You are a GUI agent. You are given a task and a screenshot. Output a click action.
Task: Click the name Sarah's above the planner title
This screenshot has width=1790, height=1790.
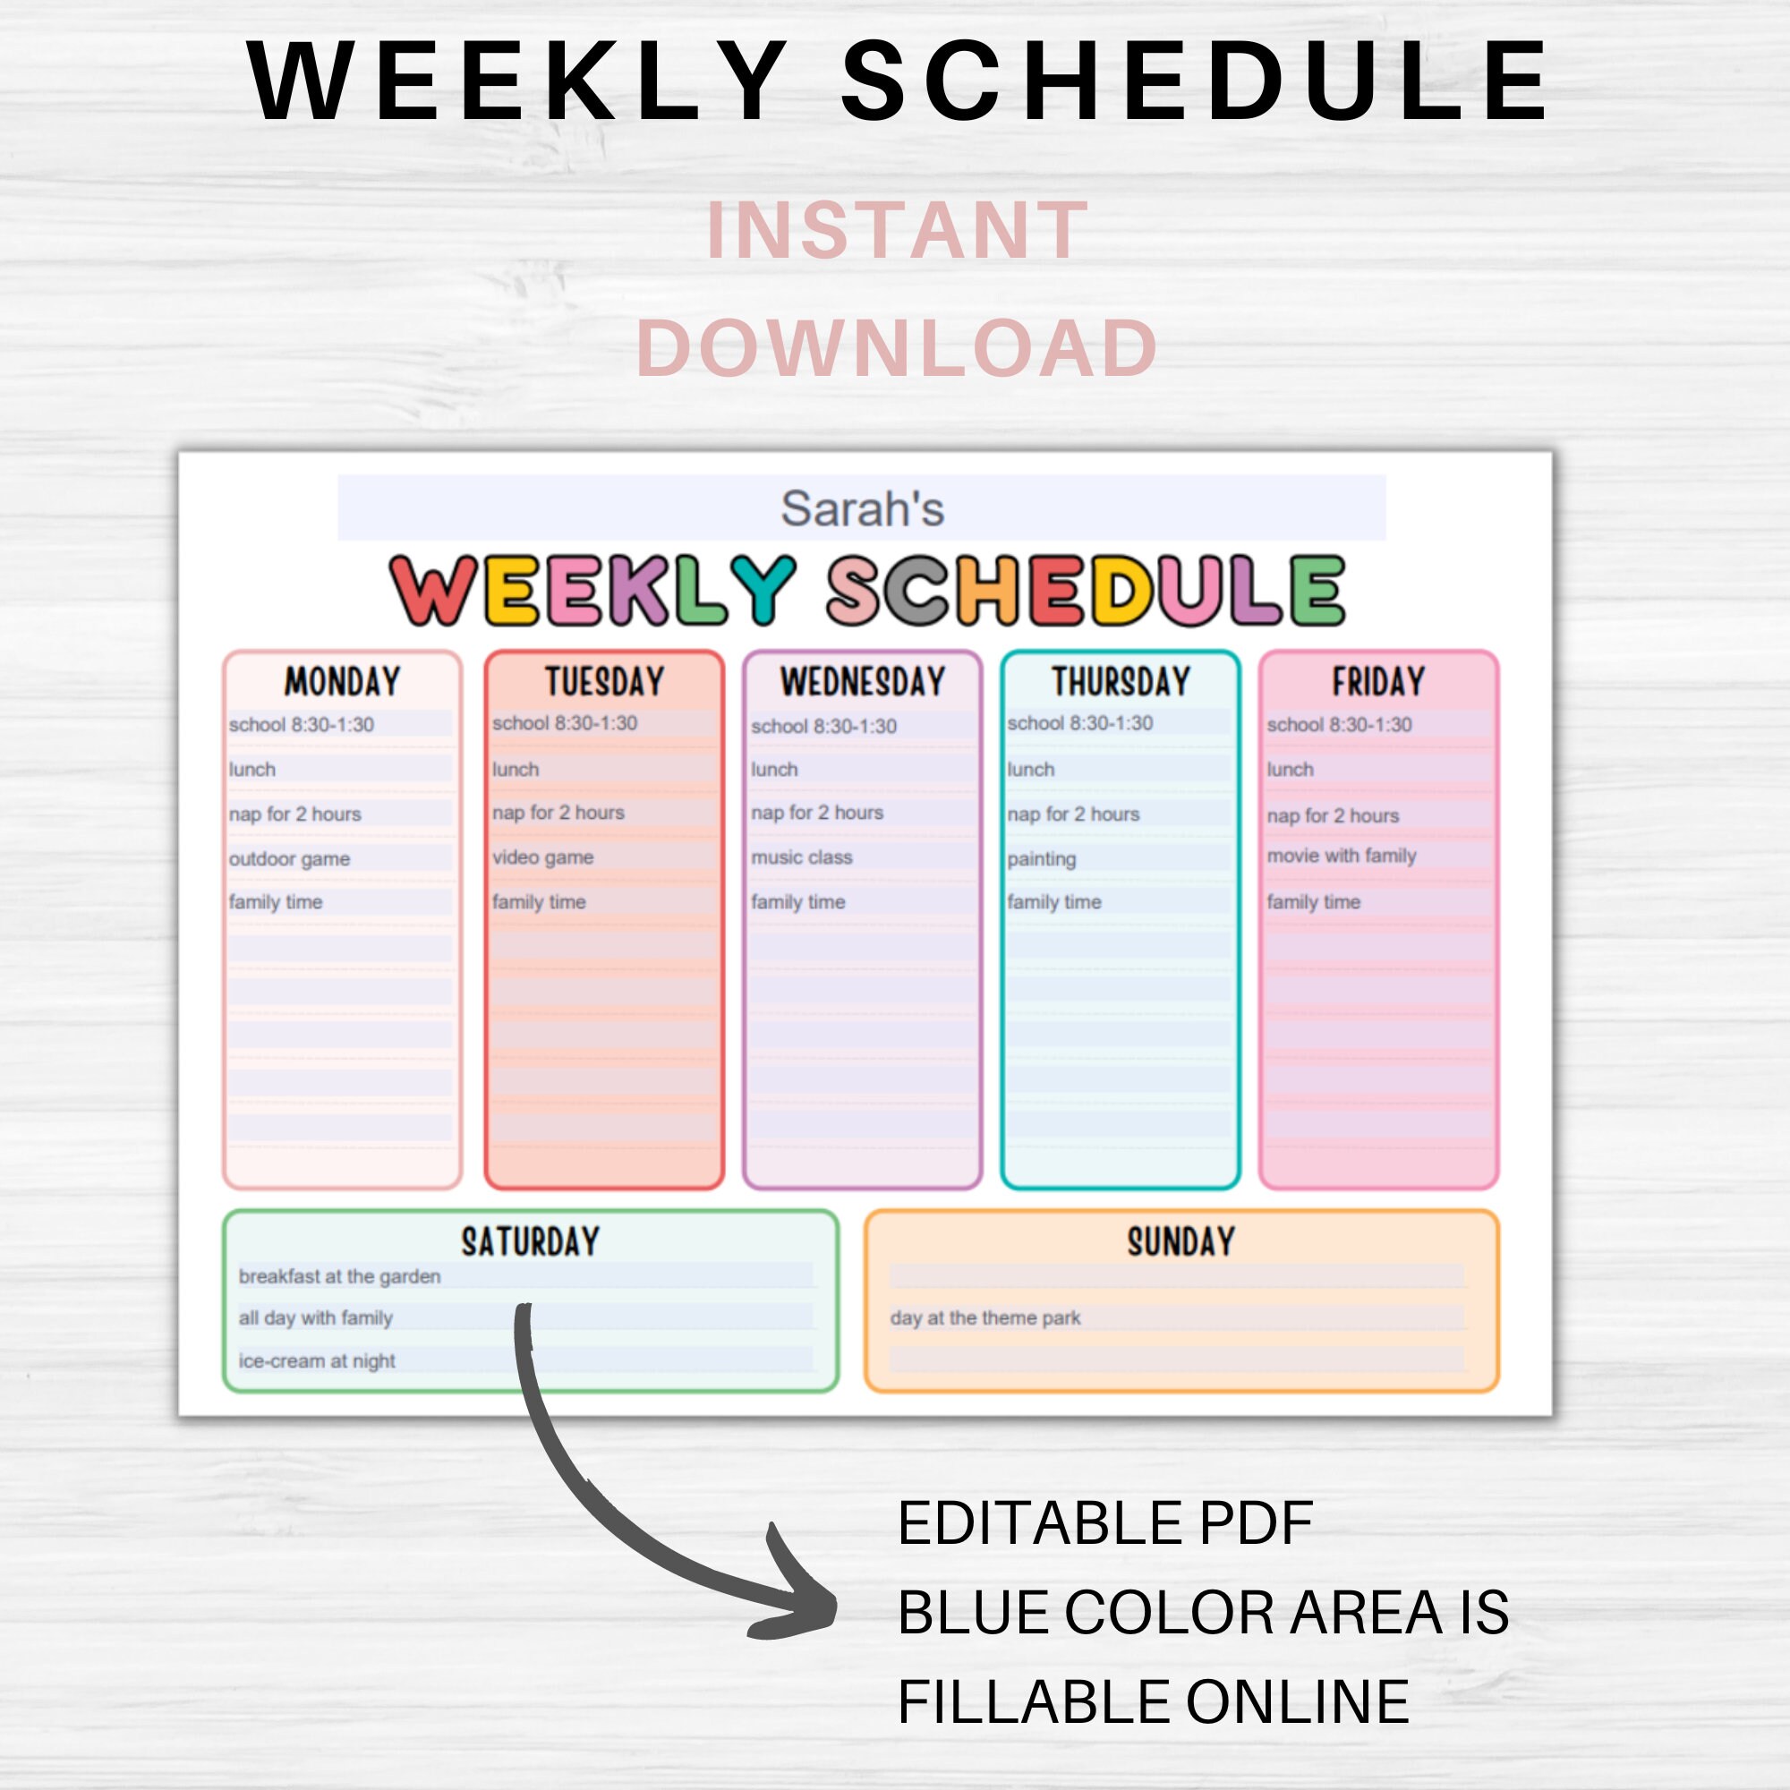[862, 508]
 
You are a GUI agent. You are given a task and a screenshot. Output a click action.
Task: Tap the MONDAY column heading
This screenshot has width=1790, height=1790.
[342, 682]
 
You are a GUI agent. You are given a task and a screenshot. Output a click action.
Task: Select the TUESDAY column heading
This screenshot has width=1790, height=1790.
[604, 682]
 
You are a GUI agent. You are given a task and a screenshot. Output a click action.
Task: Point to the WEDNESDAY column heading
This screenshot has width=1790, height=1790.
[863, 682]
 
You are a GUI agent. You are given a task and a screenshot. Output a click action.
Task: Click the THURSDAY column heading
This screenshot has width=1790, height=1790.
[1121, 682]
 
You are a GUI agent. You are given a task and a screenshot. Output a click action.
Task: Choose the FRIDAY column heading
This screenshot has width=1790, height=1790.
[1378, 682]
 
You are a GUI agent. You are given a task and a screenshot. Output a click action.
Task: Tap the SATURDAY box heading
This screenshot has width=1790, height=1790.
[530, 1241]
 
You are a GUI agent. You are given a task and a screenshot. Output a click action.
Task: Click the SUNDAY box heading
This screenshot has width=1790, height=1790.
[1181, 1241]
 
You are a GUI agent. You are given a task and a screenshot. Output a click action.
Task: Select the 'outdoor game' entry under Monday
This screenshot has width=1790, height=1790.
[289, 859]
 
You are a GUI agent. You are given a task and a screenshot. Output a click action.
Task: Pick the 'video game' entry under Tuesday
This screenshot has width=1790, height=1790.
[543, 857]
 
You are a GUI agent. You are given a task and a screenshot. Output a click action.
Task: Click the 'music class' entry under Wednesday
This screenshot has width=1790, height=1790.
[801, 857]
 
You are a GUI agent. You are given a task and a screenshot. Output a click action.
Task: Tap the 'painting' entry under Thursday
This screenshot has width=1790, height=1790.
[1042, 859]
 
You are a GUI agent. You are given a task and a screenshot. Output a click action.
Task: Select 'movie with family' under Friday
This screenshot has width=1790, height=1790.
[1342, 857]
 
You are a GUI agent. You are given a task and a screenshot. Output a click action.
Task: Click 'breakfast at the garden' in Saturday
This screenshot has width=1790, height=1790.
[339, 1277]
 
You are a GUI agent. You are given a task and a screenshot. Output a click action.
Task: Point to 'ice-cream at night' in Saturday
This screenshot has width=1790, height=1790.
[317, 1361]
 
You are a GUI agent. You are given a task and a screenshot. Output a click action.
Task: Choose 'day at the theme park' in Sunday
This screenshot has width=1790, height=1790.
[984, 1317]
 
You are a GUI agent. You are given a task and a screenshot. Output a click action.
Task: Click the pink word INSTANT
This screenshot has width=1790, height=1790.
[896, 230]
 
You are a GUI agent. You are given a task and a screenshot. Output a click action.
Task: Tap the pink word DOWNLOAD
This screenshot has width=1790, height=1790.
[896, 347]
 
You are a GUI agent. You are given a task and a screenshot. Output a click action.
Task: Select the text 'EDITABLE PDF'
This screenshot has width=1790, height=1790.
[1104, 1524]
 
